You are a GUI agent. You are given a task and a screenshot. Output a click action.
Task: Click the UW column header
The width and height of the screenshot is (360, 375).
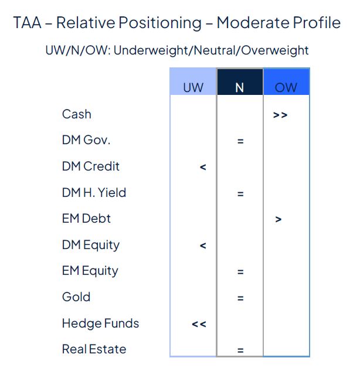(x=193, y=87)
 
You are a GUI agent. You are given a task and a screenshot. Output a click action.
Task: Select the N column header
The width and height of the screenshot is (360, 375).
(x=239, y=87)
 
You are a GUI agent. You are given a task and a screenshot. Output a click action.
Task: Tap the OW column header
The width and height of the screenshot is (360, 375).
(x=286, y=87)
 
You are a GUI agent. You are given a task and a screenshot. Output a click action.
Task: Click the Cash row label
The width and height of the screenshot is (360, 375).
(x=77, y=114)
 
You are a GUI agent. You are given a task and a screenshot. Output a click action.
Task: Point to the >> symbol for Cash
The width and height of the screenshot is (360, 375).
(x=280, y=115)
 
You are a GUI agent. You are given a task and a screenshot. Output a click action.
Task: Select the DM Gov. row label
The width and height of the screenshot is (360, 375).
(x=86, y=140)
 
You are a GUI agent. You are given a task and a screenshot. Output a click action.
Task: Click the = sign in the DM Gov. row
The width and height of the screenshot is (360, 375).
(x=240, y=141)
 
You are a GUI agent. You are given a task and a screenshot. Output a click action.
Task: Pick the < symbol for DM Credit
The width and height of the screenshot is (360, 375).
(x=203, y=168)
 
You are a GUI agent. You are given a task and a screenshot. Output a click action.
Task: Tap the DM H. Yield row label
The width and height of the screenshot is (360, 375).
(x=94, y=192)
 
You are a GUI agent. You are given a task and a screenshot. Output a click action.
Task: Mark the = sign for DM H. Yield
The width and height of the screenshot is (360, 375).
(x=240, y=194)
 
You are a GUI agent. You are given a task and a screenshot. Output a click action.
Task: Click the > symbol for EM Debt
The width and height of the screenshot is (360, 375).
(x=279, y=220)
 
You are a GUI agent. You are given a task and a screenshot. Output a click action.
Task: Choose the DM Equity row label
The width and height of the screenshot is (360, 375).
(x=90, y=245)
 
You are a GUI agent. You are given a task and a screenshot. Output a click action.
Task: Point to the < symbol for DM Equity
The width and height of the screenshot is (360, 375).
(x=203, y=246)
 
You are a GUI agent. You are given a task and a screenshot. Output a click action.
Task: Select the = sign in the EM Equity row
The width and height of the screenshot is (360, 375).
(x=240, y=272)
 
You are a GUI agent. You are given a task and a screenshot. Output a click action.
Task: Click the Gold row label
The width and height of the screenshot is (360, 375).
(x=76, y=296)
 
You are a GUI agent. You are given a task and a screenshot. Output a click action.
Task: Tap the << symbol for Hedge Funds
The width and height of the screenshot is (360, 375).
(x=199, y=324)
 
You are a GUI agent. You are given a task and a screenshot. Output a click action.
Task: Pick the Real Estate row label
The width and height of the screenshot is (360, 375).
(x=94, y=349)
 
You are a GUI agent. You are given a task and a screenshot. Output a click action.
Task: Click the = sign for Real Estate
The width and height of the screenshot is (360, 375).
(x=240, y=350)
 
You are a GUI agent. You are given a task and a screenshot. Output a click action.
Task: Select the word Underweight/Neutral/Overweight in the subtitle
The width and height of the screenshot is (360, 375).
(x=211, y=50)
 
